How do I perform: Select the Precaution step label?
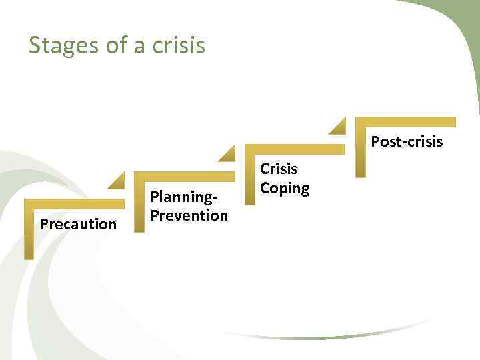coord(78,224)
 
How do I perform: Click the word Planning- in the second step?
coord(183,197)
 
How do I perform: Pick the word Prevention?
coord(189,215)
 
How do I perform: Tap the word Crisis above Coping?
coord(279,169)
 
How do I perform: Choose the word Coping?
coord(285,188)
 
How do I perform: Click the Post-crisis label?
coord(407,141)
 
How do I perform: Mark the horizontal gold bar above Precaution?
coord(74,204)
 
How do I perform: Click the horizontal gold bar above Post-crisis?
coord(405,122)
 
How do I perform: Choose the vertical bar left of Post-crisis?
coord(360,151)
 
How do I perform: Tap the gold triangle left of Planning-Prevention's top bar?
coord(118,181)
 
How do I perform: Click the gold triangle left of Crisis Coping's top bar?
coord(229,154)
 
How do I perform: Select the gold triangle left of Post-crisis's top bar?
coord(339,127)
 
